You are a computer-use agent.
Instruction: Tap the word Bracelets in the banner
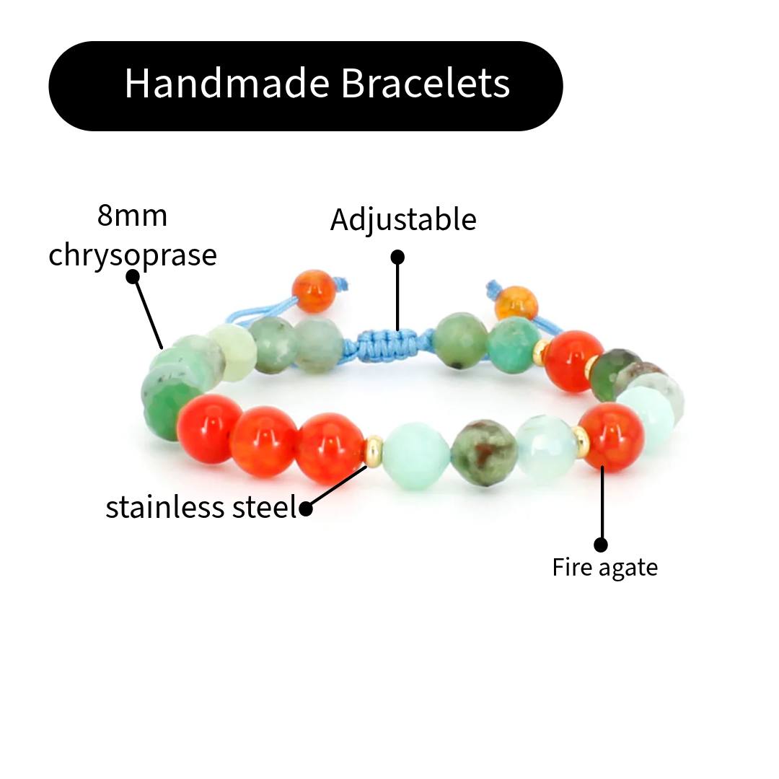pos(426,84)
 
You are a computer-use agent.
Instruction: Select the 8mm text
pos(132,216)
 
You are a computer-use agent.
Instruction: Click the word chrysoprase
pos(132,255)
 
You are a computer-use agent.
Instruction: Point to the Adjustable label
pos(403,220)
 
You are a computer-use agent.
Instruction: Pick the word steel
pos(265,507)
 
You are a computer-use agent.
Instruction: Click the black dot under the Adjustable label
pos(397,257)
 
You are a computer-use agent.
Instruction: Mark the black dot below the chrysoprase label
pos(133,276)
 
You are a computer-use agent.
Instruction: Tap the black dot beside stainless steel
pos(306,509)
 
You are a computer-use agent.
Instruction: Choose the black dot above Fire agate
pos(601,545)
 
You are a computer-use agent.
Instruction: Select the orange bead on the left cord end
pos(313,291)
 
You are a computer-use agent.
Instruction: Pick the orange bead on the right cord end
pos(516,304)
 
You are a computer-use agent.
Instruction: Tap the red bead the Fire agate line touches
pos(609,437)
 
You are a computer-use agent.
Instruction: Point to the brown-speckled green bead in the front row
pos(485,452)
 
